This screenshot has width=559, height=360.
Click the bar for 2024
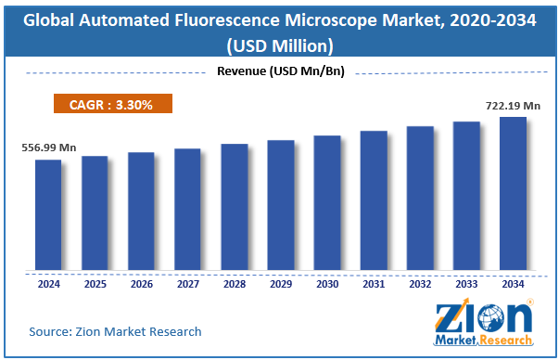coord(48,215)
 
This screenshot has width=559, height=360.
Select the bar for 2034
coord(513,194)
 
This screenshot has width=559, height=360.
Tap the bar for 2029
coord(280,206)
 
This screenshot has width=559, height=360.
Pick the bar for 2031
coord(374,201)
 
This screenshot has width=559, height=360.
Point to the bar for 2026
coord(141,212)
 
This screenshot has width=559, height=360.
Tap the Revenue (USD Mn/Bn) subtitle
coord(278,72)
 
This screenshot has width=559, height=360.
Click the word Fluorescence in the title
coord(240,19)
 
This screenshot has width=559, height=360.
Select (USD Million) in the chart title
coord(278,45)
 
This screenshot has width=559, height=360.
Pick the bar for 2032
coord(420,199)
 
